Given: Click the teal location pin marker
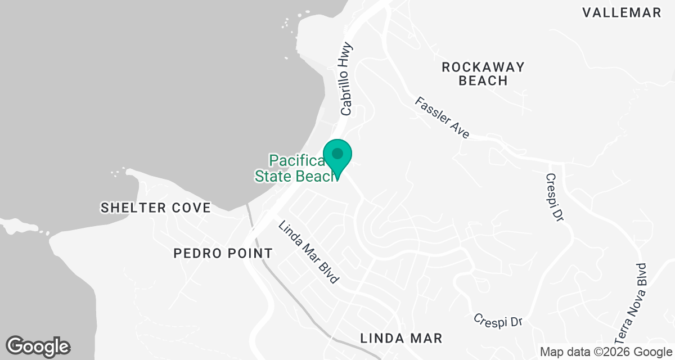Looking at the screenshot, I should pos(337,157).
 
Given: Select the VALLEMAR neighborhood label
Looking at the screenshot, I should pos(622,13).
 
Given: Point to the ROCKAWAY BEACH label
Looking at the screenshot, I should pos(483,74).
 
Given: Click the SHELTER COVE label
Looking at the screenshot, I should pos(156,208).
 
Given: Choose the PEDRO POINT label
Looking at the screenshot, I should pos(223,253).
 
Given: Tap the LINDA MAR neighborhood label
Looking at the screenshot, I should pos(401,338).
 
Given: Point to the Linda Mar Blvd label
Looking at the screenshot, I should pos(310,251).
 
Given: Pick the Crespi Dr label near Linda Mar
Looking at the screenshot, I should pos(498,319).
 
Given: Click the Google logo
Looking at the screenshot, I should pos(38,346).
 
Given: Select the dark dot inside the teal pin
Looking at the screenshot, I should pos(337,153).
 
